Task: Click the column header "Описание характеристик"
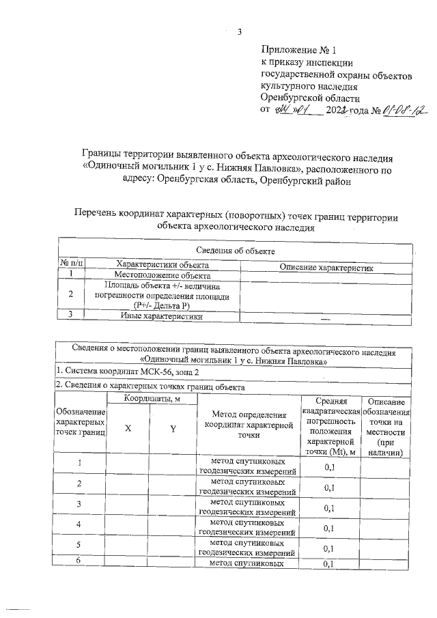(x=327, y=267)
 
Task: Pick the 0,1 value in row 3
(x=329, y=508)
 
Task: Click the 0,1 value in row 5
(x=329, y=548)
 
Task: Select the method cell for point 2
(x=246, y=487)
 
